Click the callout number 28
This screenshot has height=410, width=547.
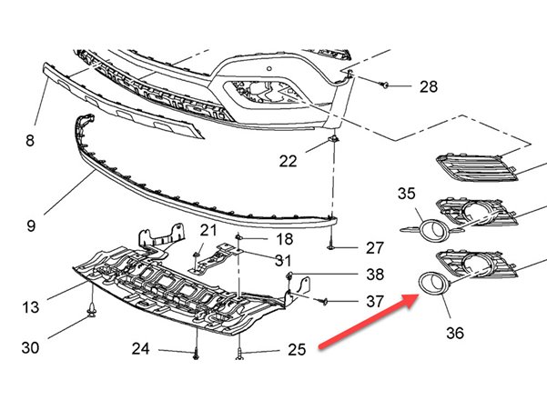point(429,86)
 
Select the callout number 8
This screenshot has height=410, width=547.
point(30,141)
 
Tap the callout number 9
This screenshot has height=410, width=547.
point(31,225)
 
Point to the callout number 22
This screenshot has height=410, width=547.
point(288,161)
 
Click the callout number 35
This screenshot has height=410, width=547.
point(407,194)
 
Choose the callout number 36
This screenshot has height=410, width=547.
point(455,333)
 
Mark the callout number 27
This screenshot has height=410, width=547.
point(375,248)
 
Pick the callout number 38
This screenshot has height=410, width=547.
point(375,275)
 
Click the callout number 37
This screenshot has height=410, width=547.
point(375,301)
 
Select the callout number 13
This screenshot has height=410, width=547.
point(30,307)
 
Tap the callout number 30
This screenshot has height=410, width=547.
point(30,347)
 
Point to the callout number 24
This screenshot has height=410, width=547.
point(140,349)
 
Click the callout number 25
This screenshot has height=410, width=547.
point(297,350)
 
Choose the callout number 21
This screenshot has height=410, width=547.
point(208,230)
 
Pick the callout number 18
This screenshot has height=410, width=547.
point(285,239)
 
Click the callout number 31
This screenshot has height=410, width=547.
point(283,260)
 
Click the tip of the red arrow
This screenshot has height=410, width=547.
point(419,295)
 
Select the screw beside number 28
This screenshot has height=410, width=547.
point(384,85)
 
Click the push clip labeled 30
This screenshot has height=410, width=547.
point(92,310)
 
